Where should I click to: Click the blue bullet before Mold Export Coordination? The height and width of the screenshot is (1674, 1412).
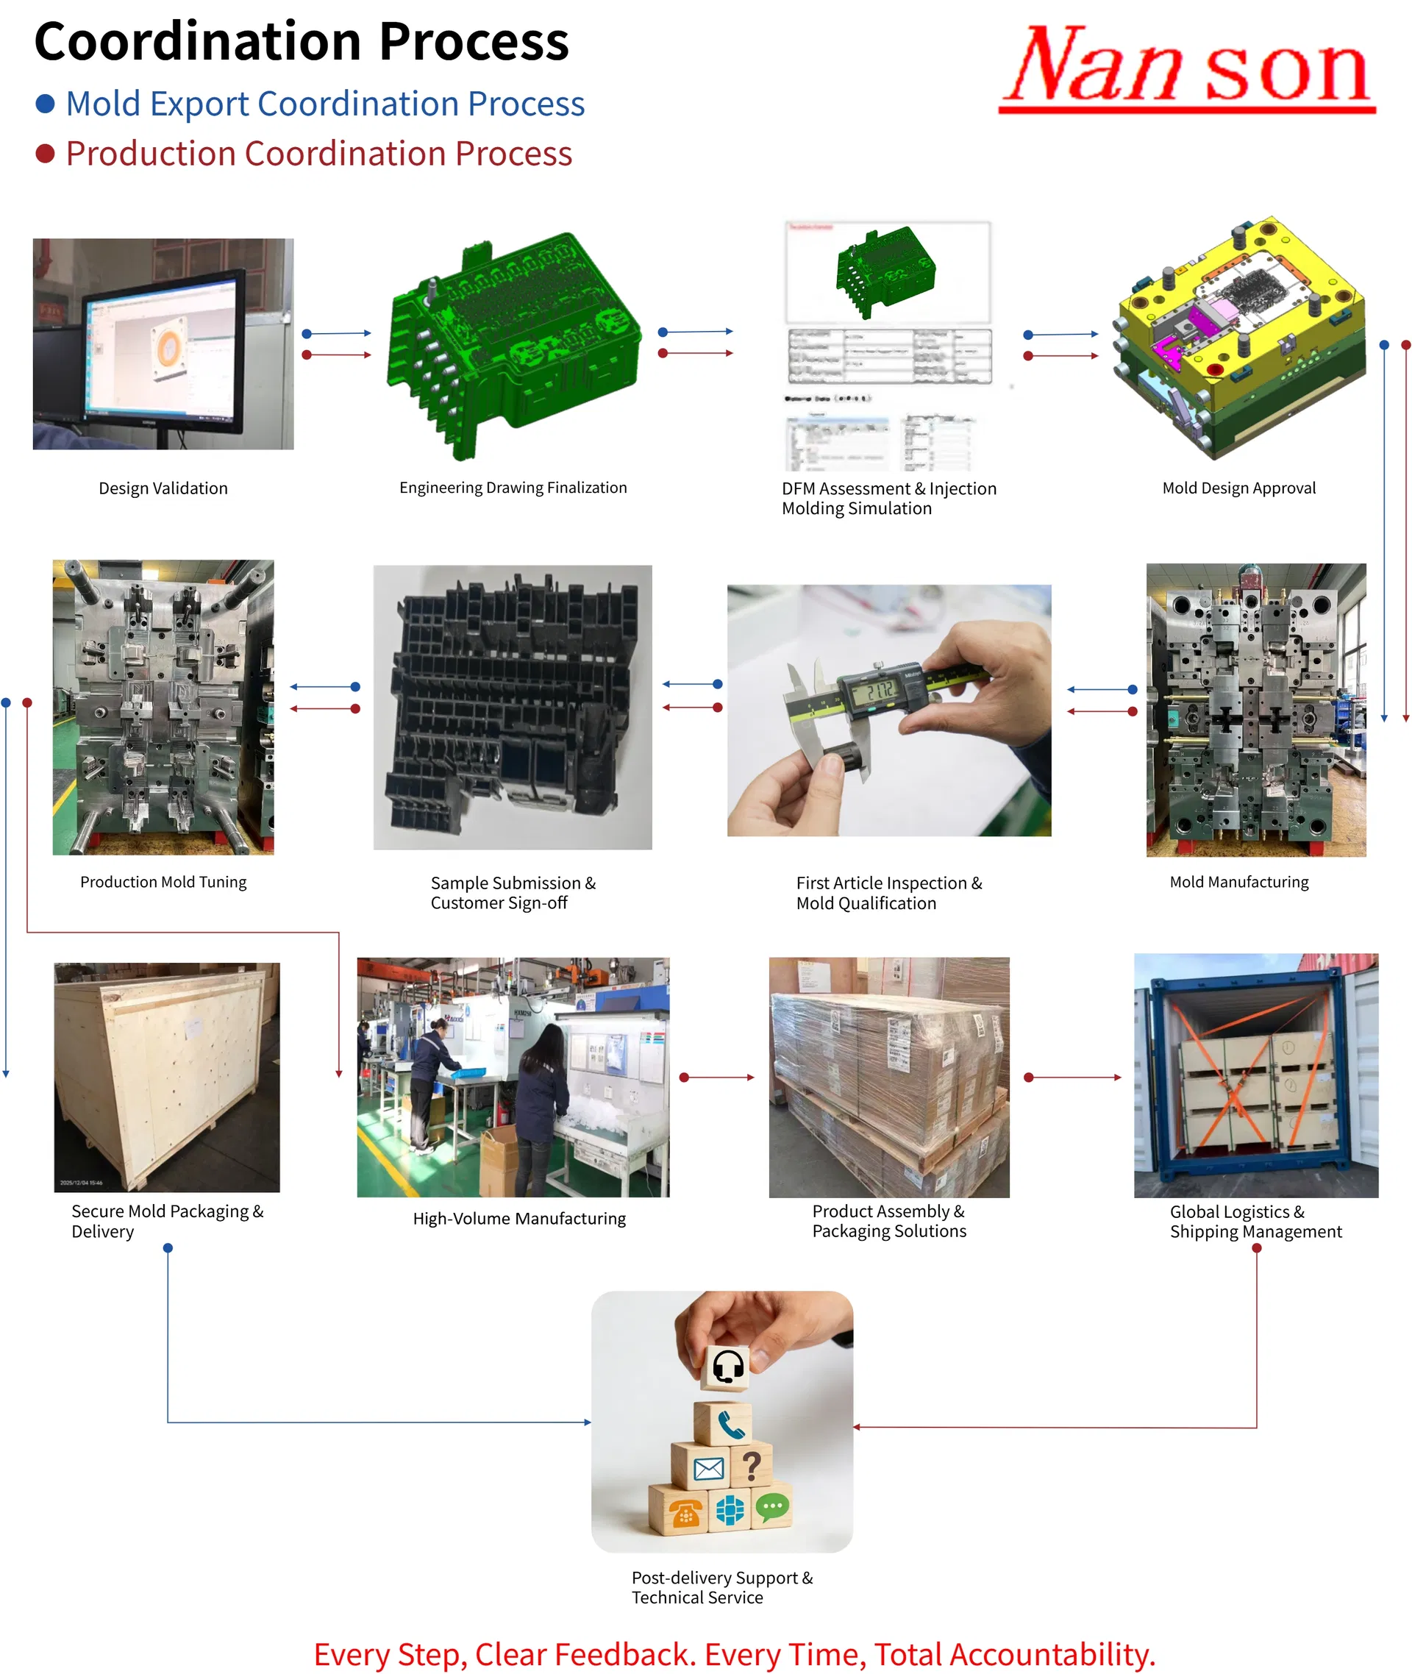[x=46, y=103]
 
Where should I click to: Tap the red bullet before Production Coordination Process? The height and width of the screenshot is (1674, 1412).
[x=46, y=154]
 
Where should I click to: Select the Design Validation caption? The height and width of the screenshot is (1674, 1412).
[x=163, y=488]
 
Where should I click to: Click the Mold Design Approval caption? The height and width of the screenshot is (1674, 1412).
[x=1238, y=488]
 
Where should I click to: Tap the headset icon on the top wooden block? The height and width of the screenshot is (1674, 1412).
[x=727, y=1367]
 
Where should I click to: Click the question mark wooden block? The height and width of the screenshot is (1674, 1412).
[x=751, y=1466]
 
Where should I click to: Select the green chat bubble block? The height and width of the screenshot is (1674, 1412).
[x=771, y=1508]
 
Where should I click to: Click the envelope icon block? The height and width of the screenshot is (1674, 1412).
[x=708, y=1468]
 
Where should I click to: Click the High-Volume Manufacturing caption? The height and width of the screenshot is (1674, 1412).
[x=518, y=1219]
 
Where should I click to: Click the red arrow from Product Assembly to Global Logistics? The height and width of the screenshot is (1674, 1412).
[x=1073, y=1078]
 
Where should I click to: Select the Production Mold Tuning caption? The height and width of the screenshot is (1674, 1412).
[x=163, y=881]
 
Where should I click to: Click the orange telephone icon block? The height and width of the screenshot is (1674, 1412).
[x=685, y=1512]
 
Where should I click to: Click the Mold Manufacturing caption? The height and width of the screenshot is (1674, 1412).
[x=1238, y=881]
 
